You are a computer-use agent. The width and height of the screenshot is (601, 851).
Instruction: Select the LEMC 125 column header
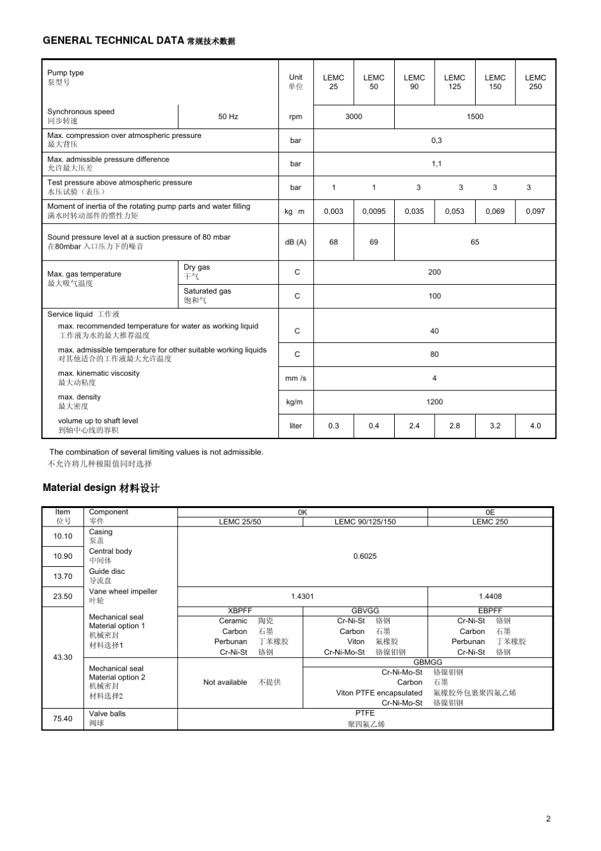point(454,82)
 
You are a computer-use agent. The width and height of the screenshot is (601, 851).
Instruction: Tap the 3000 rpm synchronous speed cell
point(354,116)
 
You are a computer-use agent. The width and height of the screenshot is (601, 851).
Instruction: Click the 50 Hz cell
point(228,116)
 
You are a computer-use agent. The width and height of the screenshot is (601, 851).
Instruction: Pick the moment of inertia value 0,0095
point(373,211)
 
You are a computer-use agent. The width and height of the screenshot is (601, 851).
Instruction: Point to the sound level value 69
point(373,242)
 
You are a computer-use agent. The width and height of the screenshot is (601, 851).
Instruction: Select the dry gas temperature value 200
point(434,272)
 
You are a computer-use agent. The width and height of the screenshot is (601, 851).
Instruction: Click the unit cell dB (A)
point(295,242)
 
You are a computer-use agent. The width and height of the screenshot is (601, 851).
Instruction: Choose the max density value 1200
point(434,402)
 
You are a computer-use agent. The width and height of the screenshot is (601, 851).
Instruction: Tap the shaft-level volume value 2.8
point(454,426)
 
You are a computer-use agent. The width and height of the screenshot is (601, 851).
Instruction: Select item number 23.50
point(63,597)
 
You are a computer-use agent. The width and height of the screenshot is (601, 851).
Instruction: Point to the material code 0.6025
point(365,556)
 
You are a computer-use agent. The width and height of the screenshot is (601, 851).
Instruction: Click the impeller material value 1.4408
point(490,597)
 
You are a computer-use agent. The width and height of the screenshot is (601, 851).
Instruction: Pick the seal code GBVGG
point(365,611)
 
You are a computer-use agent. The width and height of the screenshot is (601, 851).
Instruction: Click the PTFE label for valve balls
point(365,713)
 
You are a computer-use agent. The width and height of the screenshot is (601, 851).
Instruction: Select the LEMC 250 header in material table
point(490,522)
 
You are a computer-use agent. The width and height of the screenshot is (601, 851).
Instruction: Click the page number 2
point(548,819)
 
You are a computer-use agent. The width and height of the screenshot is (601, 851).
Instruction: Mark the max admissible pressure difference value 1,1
point(437,164)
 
